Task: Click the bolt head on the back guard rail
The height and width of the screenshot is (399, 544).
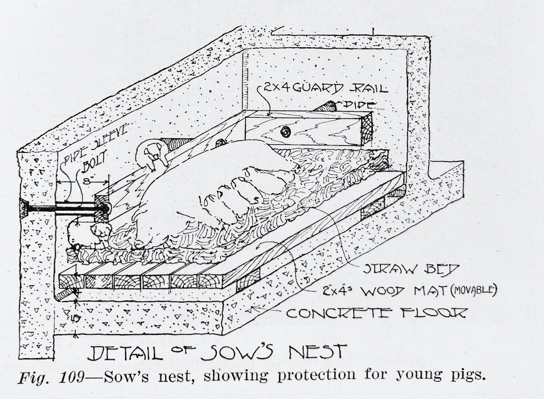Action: point(284,131)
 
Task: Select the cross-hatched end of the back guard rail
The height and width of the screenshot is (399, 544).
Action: point(363,126)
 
